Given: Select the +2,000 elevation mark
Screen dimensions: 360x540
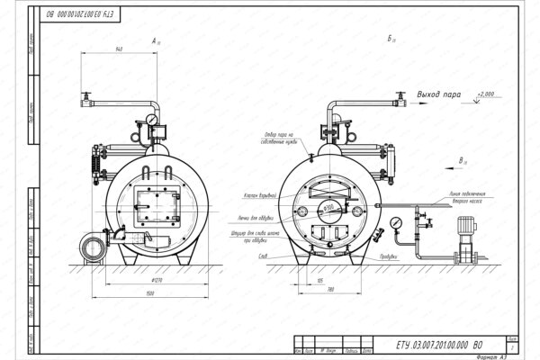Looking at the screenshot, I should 486,93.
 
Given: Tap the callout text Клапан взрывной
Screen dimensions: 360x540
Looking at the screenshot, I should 262,196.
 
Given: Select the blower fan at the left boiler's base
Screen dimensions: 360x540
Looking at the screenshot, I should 92,247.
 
